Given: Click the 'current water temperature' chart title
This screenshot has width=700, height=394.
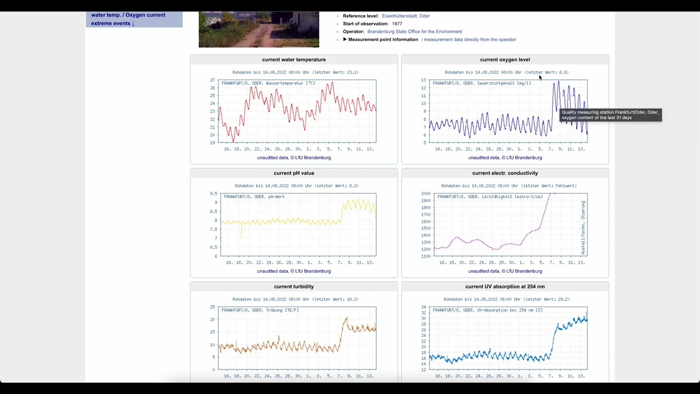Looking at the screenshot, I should [294, 60].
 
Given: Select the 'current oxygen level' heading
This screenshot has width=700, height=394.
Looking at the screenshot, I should [505, 60].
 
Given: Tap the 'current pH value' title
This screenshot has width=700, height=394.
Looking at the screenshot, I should [294, 173].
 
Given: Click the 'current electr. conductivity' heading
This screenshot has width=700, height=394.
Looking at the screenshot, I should [505, 173].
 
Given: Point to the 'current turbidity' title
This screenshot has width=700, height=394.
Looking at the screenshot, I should [294, 286].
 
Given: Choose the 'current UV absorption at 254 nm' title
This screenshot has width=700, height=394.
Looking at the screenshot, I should [505, 286].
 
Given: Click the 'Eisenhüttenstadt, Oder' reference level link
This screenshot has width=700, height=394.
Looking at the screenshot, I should [406, 16].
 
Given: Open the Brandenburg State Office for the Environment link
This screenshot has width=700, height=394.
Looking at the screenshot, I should [415, 32].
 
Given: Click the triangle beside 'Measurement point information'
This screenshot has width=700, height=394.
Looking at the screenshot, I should [345, 39].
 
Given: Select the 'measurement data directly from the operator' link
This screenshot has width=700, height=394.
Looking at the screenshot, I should [470, 39].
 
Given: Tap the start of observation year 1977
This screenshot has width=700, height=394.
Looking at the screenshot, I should [396, 24].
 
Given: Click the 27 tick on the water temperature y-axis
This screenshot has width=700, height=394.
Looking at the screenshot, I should [212, 80].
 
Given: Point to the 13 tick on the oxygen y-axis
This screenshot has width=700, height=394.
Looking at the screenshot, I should [423, 80].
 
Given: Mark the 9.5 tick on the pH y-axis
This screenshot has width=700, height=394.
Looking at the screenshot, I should [213, 194].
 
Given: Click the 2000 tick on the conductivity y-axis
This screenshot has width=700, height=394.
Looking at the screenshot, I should [425, 194].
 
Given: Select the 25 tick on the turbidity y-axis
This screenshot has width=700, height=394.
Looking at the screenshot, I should [212, 308].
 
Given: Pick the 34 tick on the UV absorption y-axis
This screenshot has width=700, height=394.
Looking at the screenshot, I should [423, 308].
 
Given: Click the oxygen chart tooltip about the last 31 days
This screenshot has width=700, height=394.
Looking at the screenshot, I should [610, 115].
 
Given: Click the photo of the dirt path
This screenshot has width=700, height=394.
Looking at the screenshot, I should [259, 30].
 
